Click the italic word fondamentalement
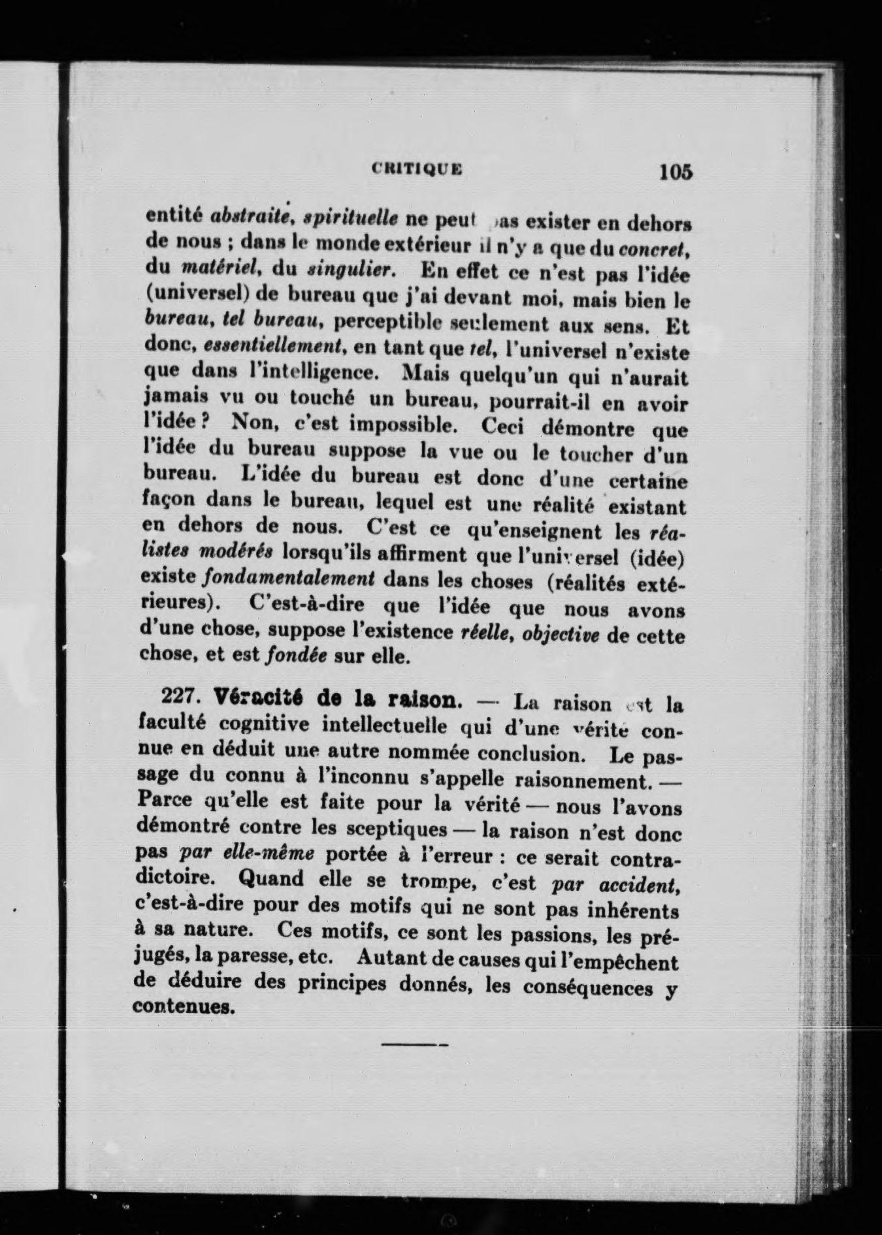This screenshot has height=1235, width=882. coord(289,578)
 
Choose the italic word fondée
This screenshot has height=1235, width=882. coord(297,656)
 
